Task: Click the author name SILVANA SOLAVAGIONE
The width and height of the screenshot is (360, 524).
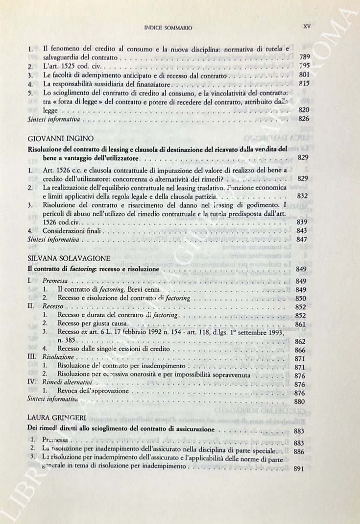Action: click(x=68, y=257)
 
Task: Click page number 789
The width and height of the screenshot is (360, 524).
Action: click(x=304, y=58)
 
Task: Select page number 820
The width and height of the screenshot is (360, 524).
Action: click(x=304, y=110)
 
